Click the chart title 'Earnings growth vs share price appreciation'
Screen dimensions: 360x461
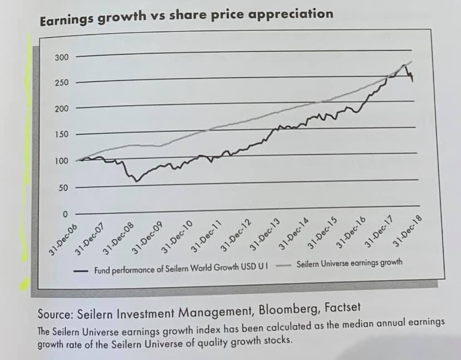pyautogui.click(x=186, y=16)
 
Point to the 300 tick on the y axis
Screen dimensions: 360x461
pyautogui.click(x=61, y=58)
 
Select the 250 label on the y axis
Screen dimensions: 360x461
pyautogui.click(x=61, y=83)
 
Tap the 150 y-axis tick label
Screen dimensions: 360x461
pyautogui.click(x=61, y=135)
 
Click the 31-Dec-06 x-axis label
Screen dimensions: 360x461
pyautogui.click(x=62, y=239)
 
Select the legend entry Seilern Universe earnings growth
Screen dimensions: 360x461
pyautogui.click(x=349, y=263)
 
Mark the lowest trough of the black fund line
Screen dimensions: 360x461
pyautogui.click(x=137, y=181)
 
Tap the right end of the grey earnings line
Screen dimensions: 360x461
pyautogui.click(x=412, y=61)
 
